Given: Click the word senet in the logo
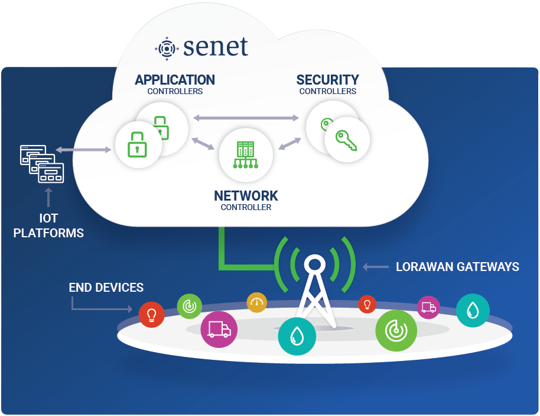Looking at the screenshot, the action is coord(216,47).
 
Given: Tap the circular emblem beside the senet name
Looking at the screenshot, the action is coord(167,49).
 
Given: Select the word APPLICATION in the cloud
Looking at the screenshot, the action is coord(175,80).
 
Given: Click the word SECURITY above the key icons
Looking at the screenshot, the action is coord(327,80).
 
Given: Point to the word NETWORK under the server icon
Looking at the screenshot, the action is coord(246,196).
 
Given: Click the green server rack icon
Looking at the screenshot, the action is coord(246,155).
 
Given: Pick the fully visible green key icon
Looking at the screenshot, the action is coord(346,140).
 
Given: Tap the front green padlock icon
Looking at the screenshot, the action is coord(137,144).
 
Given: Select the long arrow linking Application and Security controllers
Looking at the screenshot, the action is coord(246,118).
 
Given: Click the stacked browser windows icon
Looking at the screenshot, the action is coord(42,164).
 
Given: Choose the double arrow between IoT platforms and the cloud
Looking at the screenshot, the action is coord(83,150).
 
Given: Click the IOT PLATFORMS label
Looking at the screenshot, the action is coord(48,225).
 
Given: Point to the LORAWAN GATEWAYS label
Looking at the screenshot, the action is coord(457,267).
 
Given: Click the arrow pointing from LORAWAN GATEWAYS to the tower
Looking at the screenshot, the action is coord(376,267).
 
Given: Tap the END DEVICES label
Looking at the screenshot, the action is coord(106,288).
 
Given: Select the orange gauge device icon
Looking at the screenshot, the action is coord(257,302).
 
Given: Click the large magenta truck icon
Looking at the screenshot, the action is coord(219,329).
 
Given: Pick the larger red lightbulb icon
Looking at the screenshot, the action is coord(151,315).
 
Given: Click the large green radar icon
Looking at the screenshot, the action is coord(396,330).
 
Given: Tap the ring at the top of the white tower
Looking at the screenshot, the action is coord(314,265).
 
